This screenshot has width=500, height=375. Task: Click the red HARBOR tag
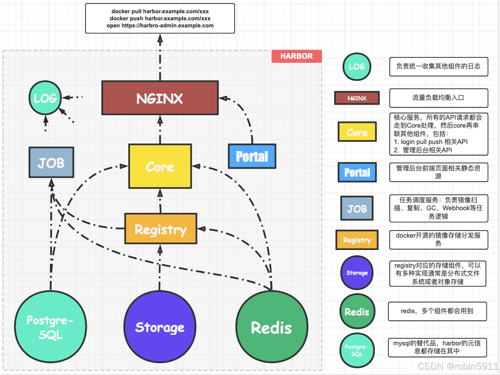(296, 56)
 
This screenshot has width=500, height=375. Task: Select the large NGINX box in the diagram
(160, 98)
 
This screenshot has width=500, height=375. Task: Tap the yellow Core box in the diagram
(160, 167)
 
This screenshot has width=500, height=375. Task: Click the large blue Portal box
(252, 156)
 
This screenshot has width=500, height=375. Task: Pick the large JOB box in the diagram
(51, 163)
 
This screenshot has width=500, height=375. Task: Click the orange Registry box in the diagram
(160, 229)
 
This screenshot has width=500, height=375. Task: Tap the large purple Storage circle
(160, 327)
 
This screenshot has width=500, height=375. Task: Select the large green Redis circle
(271, 327)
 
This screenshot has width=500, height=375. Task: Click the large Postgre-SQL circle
(50, 326)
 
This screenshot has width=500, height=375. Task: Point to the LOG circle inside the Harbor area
(45, 98)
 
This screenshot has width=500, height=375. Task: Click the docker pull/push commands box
(160, 19)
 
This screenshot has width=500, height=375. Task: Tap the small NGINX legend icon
(357, 98)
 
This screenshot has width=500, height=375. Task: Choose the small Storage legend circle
(357, 273)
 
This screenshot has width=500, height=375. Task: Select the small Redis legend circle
(357, 312)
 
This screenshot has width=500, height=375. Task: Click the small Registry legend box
(357, 240)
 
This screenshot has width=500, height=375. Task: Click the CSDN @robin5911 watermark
(458, 367)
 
